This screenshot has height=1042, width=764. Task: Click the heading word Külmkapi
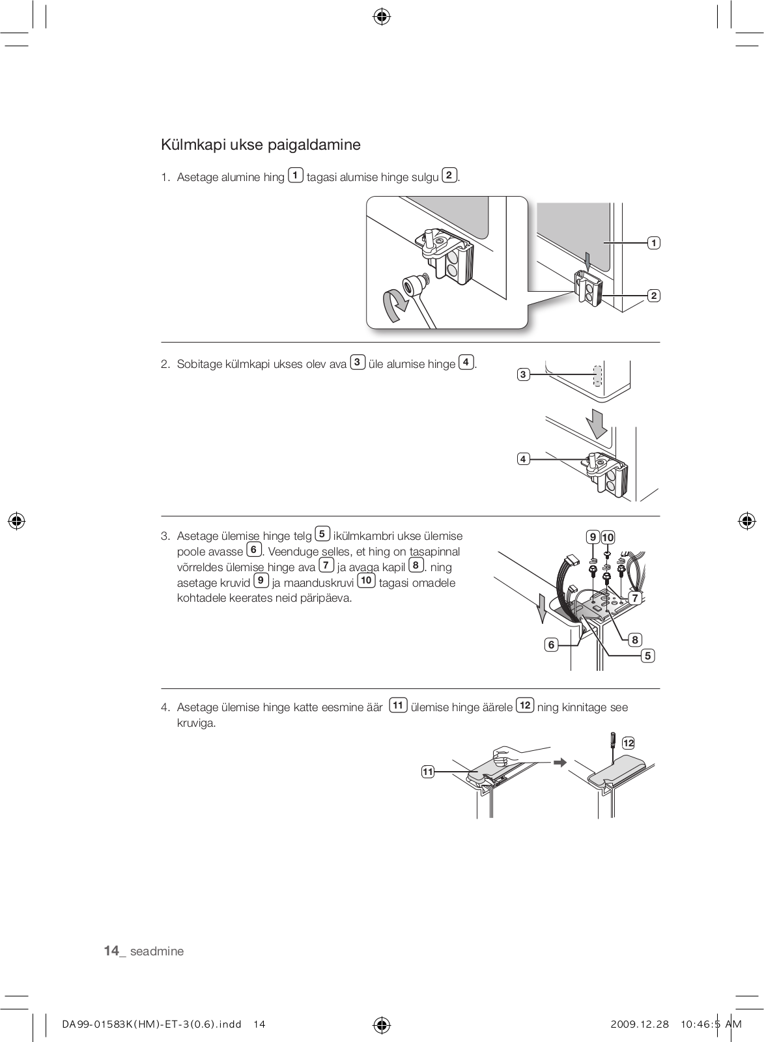(x=189, y=145)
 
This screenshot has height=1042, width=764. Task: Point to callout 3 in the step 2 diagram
(x=522, y=374)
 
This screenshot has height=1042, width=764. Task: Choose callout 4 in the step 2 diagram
(x=522, y=459)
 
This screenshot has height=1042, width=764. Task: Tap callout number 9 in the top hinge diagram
(x=593, y=537)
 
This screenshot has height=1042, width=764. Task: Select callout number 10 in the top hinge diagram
(x=608, y=537)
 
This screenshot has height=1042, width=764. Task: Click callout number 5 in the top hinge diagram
(x=647, y=656)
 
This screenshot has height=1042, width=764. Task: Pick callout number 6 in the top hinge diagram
(x=551, y=645)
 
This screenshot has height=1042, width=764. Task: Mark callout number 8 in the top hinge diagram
(x=635, y=640)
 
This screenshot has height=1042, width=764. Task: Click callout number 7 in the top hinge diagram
(x=634, y=597)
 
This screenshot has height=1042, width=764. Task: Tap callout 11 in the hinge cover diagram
(x=427, y=772)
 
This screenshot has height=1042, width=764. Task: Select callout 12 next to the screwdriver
(x=628, y=743)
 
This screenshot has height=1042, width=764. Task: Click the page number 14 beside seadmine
(x=111, y=951)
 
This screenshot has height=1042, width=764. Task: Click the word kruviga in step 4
(x=195, y=724)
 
